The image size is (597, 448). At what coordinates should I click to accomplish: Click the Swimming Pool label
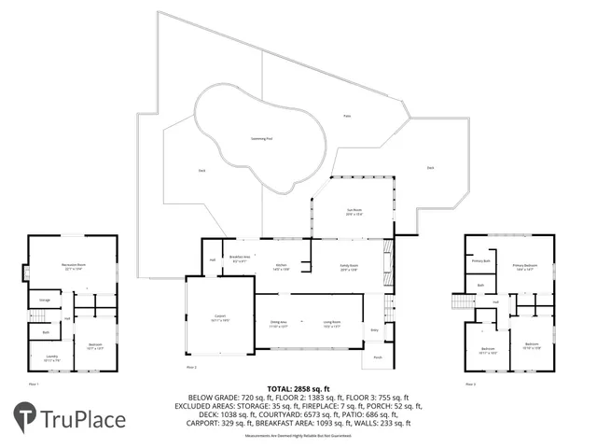click(262, 139)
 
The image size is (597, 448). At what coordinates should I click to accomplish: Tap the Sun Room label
click(354, 213)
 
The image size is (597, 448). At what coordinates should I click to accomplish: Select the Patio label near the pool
click(346, 117)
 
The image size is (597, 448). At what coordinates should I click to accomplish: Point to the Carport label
click(220, 317)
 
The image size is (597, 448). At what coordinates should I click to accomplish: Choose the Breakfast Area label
click(239, 260)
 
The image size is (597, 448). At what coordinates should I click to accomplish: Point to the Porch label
click(378, 357)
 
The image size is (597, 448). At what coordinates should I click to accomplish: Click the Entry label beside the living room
click(375, 330)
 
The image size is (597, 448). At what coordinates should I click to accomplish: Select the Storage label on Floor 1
click(45, 300)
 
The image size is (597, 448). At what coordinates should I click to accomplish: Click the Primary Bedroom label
click(524, 266)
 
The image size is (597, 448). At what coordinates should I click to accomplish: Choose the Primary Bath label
click(480, 262)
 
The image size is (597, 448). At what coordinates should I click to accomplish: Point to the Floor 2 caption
click(191, 368)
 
